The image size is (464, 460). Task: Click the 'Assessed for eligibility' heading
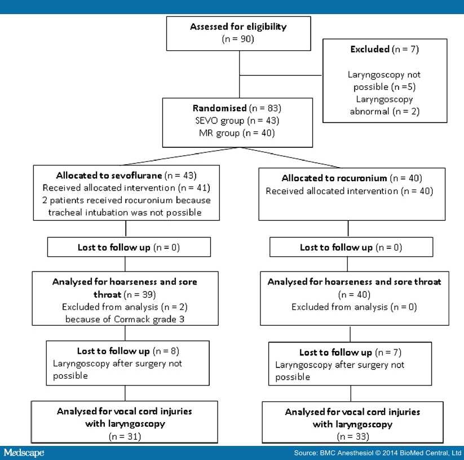click(x=238, y=27)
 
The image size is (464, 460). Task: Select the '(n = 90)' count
click(x=238, y=39)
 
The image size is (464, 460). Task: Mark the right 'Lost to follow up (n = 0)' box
click(x=351, y=247)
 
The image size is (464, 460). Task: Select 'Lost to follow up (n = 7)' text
click(x=351, y=352)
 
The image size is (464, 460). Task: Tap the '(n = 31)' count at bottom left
click(x=125, y=436)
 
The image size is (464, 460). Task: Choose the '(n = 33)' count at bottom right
click(x=352, y=436)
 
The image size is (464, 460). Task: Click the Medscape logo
click(x=24, y=453)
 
